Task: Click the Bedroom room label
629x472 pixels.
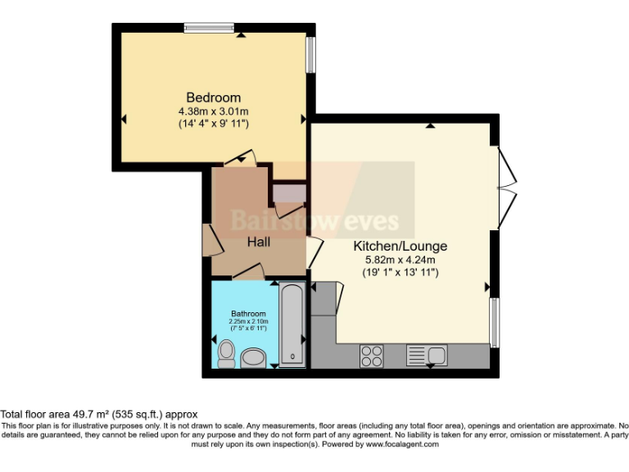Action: pyautogui.click(x=213, y=95)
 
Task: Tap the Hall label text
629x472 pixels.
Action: pyautogui.click(x=260, y=242)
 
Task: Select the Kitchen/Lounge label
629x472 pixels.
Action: pyautogui.click(x=400, y=246)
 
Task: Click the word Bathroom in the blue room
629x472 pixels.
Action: pyautogui.click(x=247, y=314)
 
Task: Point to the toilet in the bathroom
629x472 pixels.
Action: pyautogui.click(x=226, y=353)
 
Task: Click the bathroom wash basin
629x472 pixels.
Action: pyautogui.click(x=254, y=357)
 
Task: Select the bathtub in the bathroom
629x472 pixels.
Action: pyautogui.click(x=292, y=325)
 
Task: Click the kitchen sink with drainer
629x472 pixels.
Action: pyautogui.click(x=426, y=356)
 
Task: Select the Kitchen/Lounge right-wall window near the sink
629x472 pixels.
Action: pyautogui.click(x=494, y=322)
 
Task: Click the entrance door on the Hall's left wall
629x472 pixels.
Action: pyautogui.click(x=208, y=238)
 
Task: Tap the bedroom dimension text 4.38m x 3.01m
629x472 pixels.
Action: pyautogui.click(x=213, y=110)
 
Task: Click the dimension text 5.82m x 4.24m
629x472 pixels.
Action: pyautogui.click(x=400, y=260)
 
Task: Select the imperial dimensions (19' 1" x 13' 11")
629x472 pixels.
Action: pyautogui.click(x=400, y=273)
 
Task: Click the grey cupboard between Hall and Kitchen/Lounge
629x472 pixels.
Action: pyautogui.click(x=289, y=193)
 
